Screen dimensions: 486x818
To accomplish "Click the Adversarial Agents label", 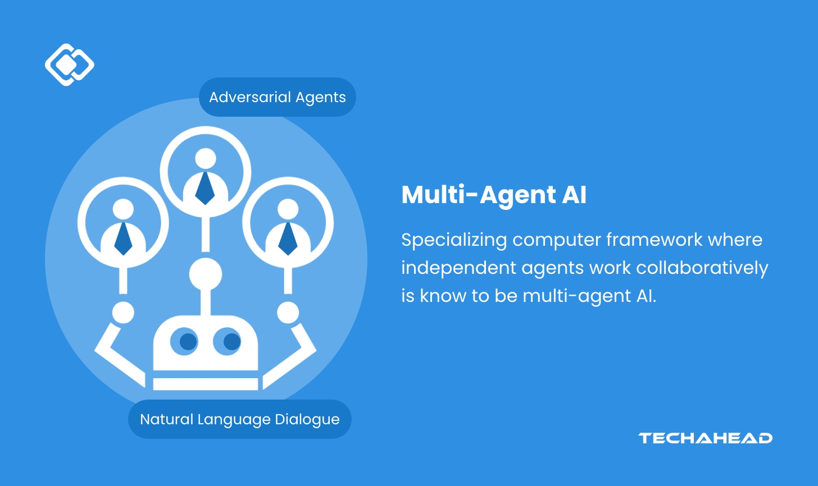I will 277,97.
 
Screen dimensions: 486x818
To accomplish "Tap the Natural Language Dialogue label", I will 239,419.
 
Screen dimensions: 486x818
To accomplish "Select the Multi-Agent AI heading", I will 494,195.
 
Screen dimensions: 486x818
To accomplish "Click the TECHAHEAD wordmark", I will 705,438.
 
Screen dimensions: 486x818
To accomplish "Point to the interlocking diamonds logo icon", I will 69,65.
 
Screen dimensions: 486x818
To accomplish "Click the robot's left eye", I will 188,341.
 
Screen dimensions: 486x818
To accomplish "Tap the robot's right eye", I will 231,341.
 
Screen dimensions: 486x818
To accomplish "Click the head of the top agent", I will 206,158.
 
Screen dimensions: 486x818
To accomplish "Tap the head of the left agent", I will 123,209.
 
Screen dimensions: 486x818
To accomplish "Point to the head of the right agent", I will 288,209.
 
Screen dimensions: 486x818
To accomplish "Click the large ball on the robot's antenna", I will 206,274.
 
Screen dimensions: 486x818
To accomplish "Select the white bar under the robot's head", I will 206,384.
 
